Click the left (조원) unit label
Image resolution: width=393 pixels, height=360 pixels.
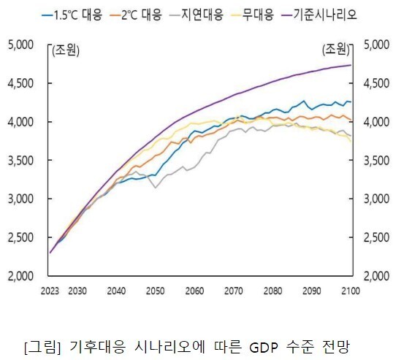pos(64,50)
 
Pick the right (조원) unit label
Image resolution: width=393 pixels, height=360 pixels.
pos(335,50)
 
